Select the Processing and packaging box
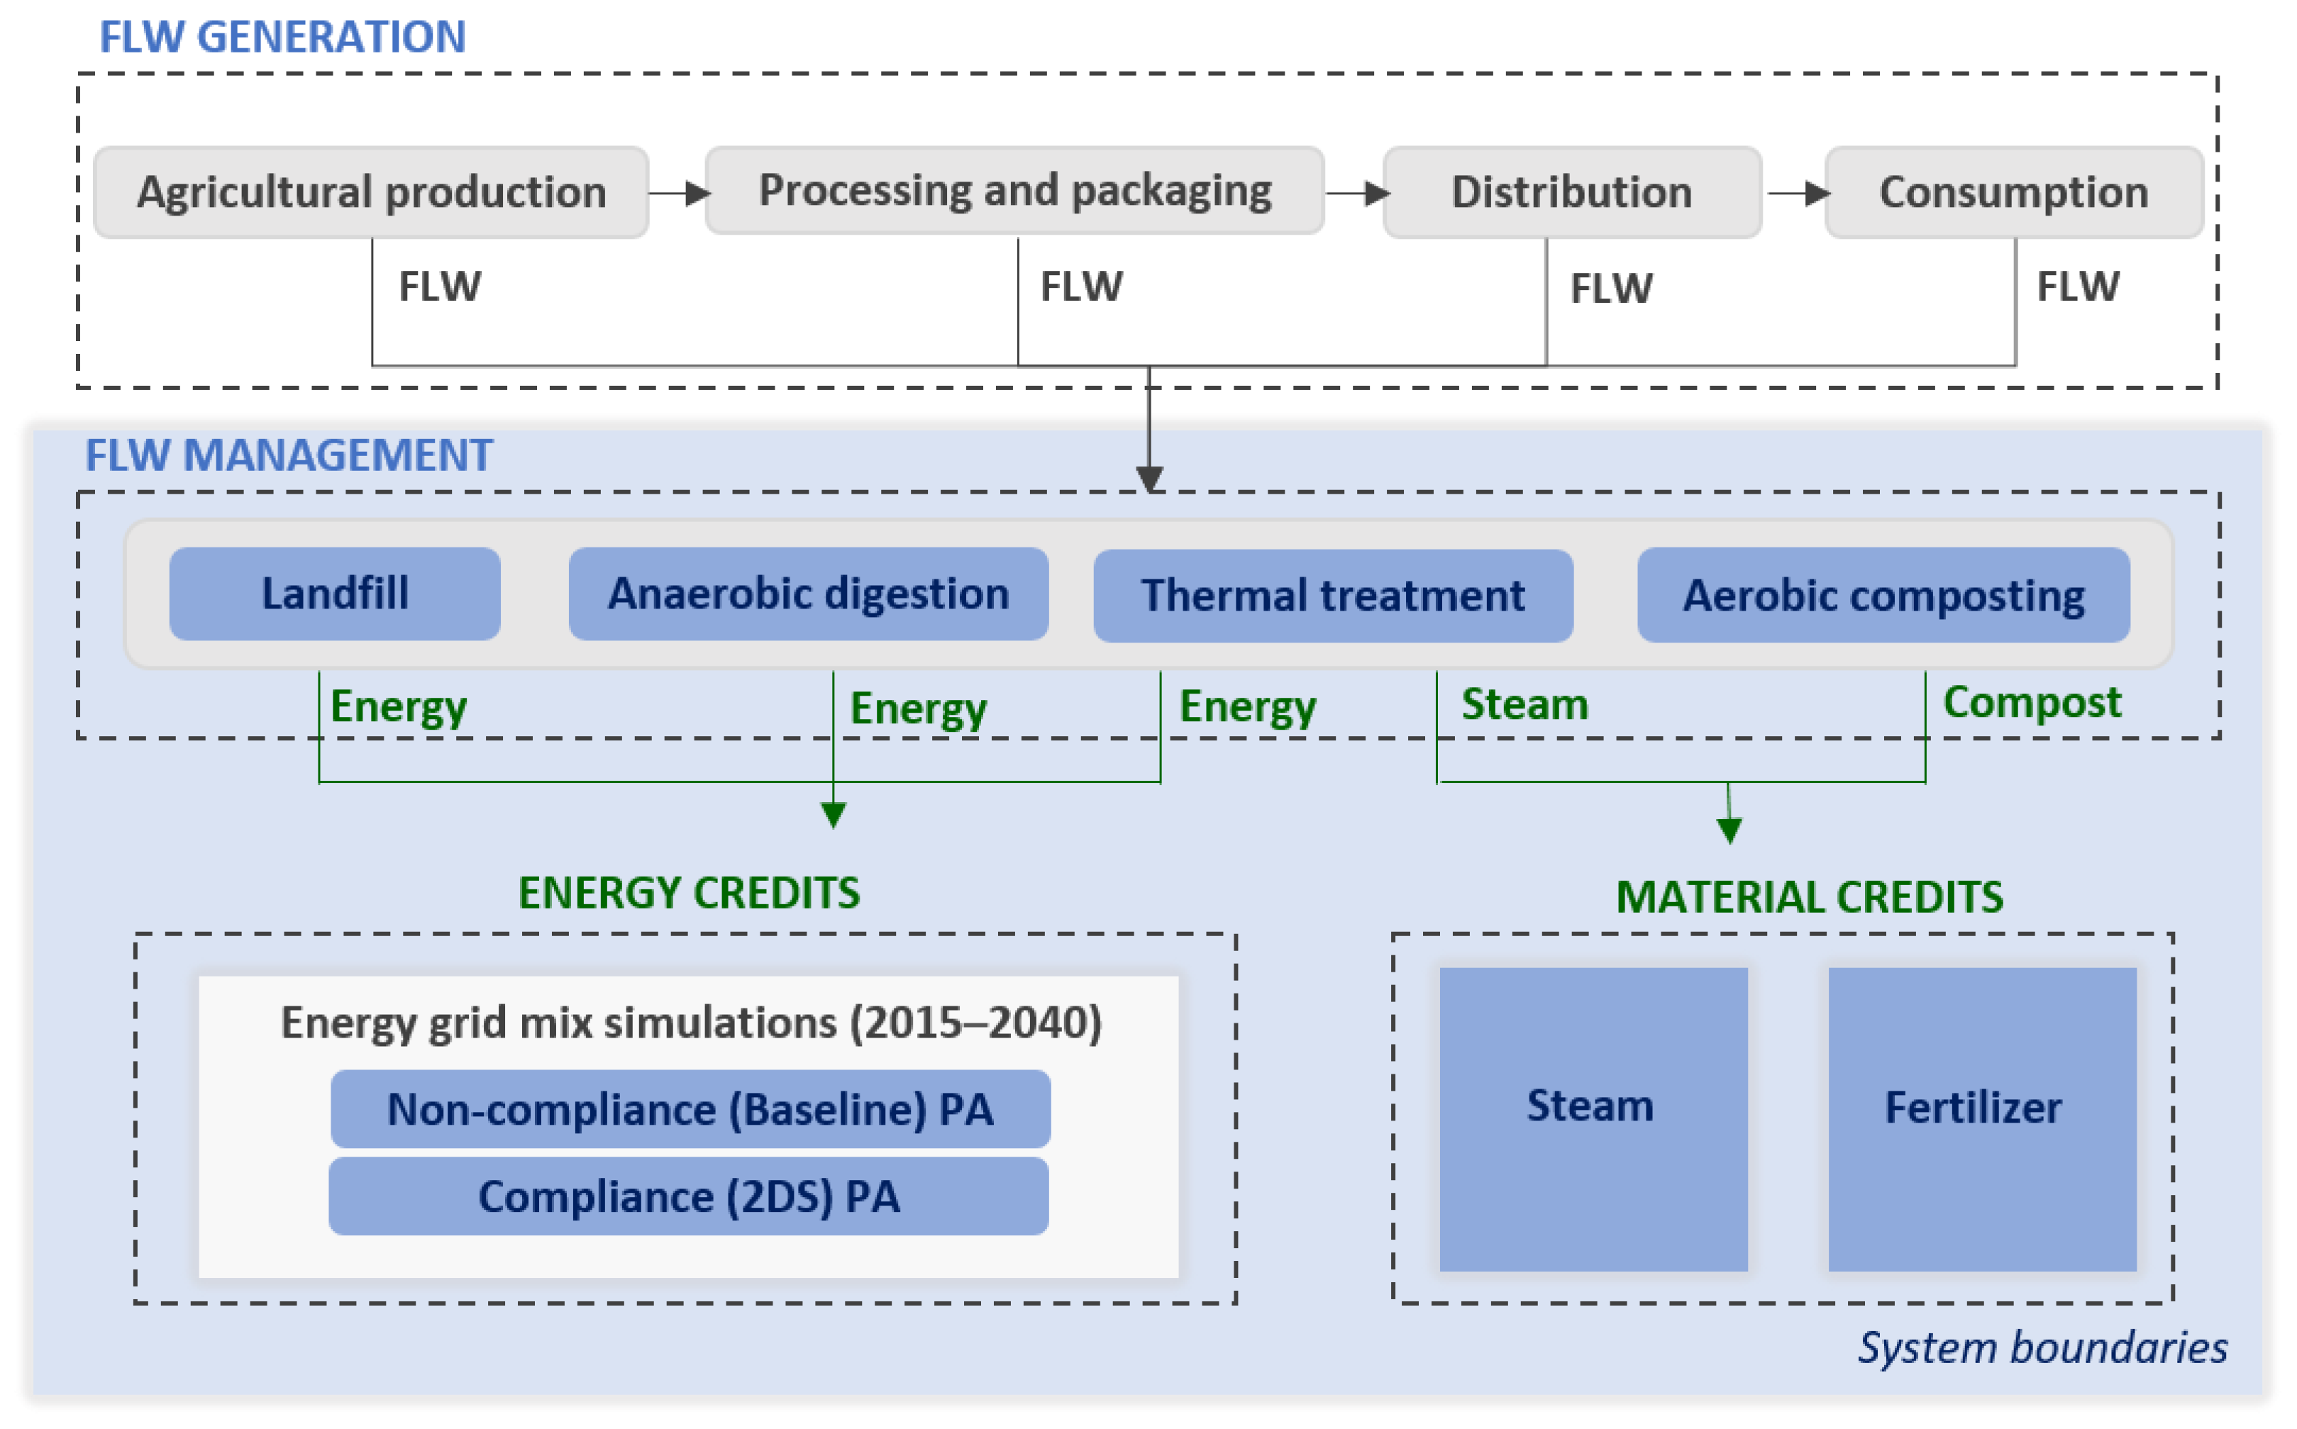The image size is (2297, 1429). coord(1014,191)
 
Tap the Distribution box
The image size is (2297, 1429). coord(1571,192)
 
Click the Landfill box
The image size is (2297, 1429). coord(335,594)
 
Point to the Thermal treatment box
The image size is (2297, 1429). coord(1333,596)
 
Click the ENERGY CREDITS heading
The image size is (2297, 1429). coord(689,893)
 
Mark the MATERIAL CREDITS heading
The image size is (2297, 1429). coord(1809,897)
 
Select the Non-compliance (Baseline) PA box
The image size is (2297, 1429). coord(690,1108)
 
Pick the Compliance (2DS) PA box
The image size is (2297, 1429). coord(688,1196)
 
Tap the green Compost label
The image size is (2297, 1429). coord(2032,702)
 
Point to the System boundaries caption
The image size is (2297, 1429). coord(2042,1347)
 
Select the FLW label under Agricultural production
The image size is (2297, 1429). coord(440,287)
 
